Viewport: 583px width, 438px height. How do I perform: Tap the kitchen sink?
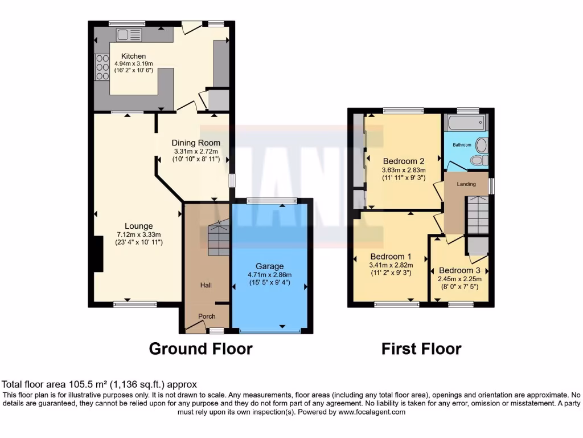coord(129,35)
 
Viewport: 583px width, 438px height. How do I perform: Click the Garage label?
coord(269,266)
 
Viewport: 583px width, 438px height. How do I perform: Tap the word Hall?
coord(206,285)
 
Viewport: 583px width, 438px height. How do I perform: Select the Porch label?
coord(206,317)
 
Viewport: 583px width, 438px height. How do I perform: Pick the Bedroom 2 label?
coord(404,160)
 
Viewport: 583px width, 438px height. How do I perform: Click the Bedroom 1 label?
coord(391,257)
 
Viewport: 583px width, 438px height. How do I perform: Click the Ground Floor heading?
coord(200,348)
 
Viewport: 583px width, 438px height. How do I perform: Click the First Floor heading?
coord(421,348)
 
